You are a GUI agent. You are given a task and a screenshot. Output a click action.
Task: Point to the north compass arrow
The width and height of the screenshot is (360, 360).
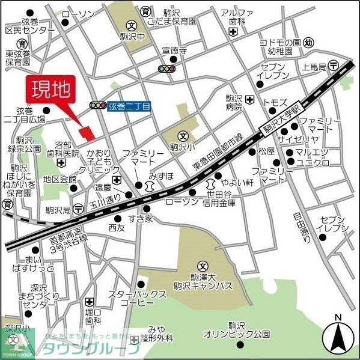338,335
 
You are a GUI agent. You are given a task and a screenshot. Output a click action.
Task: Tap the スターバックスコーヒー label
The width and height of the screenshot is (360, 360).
136,299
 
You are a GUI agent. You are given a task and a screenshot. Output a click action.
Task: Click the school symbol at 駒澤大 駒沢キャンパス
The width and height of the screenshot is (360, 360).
203,266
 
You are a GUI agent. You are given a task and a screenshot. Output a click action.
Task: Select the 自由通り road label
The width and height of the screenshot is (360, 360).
301,224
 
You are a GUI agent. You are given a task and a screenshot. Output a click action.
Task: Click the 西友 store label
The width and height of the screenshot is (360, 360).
117,227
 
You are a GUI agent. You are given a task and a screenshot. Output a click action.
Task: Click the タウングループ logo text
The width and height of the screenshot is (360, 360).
90,349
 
